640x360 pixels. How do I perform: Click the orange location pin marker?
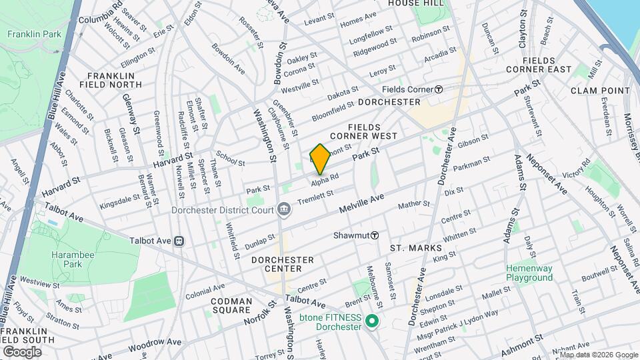[320, 159]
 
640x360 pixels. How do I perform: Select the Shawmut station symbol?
[375, 235]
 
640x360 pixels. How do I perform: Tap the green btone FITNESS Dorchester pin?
[372, 323]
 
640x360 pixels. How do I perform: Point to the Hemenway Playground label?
[529, 272]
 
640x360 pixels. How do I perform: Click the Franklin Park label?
[31, 34]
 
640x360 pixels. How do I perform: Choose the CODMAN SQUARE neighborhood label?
[231, 306]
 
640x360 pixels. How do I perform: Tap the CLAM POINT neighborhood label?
[600, 91]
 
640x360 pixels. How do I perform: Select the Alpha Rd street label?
[326, 177]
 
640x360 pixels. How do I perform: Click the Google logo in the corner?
[22, 351]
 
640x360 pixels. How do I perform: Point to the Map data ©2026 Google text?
[593, 354]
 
